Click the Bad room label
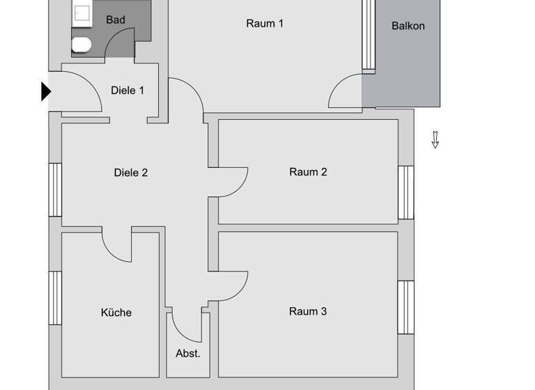(116, 19)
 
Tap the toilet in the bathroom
(82, 45)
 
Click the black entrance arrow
(46, 91)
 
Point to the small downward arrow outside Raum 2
(435, 139)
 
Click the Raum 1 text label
(265, 23)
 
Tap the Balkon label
(408, 26)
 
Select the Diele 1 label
(127, 90)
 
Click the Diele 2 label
(130, 172)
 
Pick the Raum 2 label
(308, 172)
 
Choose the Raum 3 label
(308, 311)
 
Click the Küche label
(116, 313)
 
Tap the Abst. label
(187, 353)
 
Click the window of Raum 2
(405, 192)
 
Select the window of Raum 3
(405, 306)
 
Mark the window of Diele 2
(55, 189)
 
